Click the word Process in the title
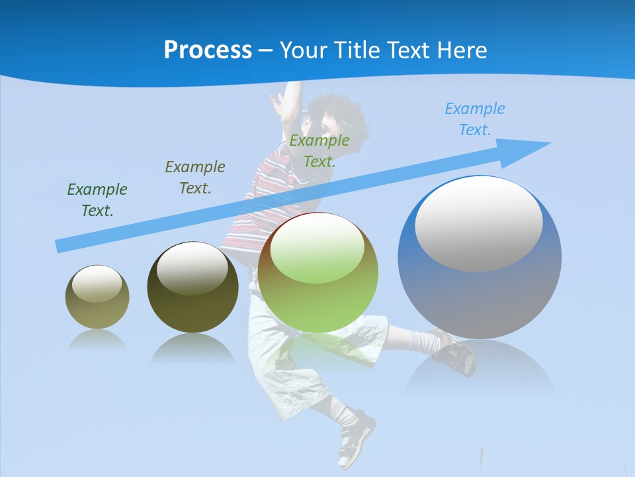point(208,50)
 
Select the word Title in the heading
point(359,50)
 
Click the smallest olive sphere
point(97,297)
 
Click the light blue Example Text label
point(475,119)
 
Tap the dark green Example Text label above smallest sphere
point(97,200)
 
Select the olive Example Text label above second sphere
point(195,178)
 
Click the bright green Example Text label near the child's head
point(319,151)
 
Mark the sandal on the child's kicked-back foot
point(456,351)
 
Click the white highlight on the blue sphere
point(479,222)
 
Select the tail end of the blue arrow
point(61,246)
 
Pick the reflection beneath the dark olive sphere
point(192,348)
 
